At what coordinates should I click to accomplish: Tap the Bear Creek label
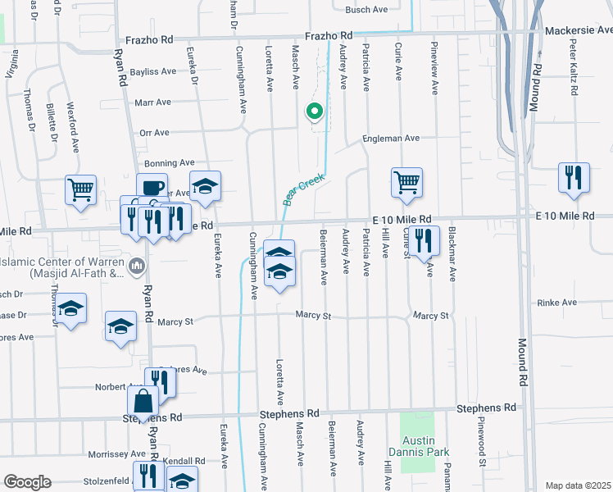[x=304, y=189]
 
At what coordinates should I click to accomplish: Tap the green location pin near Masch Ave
[x=313, y=111]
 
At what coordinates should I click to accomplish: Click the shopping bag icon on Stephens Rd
[x=143, y=402]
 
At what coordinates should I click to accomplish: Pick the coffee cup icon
[x=152, y=187]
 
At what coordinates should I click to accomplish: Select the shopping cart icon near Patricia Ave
[x=406, y=182]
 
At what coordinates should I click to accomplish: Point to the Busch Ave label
[x=366, y=10]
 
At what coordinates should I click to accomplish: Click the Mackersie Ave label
[x=579, y=31]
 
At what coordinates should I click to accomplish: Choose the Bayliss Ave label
[x=152, y=71]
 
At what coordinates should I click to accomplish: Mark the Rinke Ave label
[x=558, y=303]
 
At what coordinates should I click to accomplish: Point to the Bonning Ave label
[x=169, y=163]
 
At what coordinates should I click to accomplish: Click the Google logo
[x=28, y=482]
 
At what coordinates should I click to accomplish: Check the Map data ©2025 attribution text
[x=578, y=485]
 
